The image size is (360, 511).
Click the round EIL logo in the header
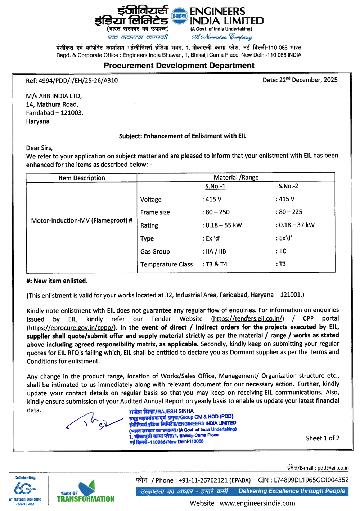coord(179,16)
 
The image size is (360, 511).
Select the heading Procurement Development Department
coord(179,66)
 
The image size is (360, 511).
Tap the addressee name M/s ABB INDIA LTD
coord(54,96)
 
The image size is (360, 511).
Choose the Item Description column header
coord(82,178)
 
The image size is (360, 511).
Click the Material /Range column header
coord(236,178)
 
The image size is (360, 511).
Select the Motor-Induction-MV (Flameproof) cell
coord(82,220)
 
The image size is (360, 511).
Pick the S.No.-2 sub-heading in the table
coord(288,186)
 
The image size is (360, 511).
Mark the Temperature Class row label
coord(166,264)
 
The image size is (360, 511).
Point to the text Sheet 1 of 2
coord(323,438)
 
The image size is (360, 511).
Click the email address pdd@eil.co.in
coord(333,468)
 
